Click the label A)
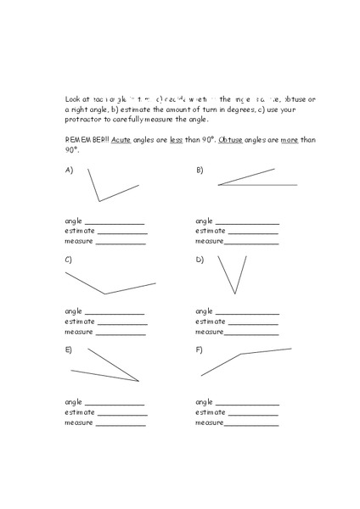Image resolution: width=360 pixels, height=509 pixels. click(x=69, y=171)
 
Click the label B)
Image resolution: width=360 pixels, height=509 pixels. click(x=200, y=171)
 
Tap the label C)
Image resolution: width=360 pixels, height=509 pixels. click(x=69, y=260)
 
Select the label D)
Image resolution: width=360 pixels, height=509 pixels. click(x=200, y=260)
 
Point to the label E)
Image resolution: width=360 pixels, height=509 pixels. click(x=69, y=349)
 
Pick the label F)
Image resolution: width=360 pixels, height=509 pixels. click(x=200, y=349)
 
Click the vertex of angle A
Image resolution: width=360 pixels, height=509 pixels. click(x=99, y=201)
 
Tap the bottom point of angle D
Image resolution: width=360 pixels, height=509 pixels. click(x=235, y=294)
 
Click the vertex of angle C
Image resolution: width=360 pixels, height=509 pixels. click(x=104, y=294)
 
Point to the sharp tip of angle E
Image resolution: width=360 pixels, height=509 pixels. click(x=138, y=381)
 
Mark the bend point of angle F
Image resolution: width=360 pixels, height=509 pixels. click(x=242, y=354)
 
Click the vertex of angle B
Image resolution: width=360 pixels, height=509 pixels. click(x=218, y=184)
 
